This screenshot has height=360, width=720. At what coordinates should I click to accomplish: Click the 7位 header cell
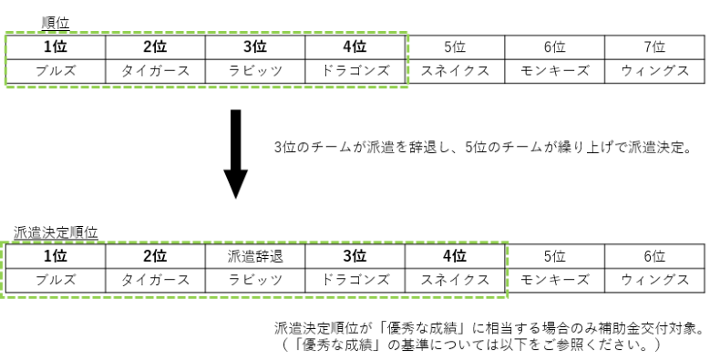653,46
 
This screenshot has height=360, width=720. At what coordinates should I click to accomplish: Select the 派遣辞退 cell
256,257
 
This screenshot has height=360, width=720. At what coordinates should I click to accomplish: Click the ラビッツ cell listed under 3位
256,68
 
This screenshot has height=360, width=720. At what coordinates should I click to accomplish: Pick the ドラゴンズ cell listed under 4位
356,68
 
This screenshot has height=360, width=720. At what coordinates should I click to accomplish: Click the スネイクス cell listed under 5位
455,68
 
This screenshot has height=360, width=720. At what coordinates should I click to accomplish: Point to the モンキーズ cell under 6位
555,68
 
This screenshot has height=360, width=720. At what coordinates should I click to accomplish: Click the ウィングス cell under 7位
653,68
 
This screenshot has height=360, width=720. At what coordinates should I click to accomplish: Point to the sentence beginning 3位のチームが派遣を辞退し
483,145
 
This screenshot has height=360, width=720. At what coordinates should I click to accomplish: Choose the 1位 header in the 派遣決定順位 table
57,257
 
